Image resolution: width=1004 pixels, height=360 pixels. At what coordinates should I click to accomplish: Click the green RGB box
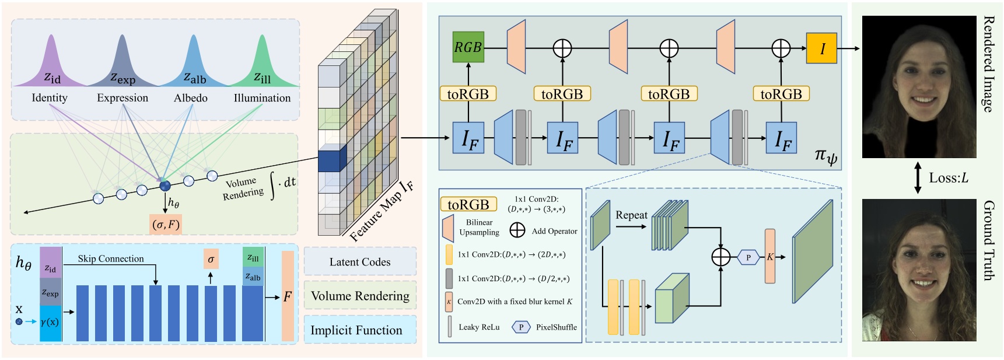coord(468,47)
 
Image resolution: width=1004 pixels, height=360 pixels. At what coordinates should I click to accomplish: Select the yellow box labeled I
coord(821,48)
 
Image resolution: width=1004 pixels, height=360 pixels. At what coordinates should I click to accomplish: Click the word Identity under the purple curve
coord(50,98)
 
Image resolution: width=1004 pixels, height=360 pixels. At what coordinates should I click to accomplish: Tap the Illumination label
coord(262,98)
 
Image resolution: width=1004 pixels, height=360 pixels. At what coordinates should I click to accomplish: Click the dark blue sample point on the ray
coord(166,186)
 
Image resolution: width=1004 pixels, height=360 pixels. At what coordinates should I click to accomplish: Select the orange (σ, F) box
coord(166,224)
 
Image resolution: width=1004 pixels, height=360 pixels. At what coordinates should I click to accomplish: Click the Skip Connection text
coord(111,258)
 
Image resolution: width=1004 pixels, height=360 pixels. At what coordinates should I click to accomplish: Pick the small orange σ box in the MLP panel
coord(211,259)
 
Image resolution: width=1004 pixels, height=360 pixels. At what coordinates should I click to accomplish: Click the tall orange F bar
coord(288,296)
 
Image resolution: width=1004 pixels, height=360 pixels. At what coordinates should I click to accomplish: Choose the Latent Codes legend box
coord(360,262)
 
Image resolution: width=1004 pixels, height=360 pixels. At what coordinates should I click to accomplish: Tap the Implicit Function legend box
coord(356,330)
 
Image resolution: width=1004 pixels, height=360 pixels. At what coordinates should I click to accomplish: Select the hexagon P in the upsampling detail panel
coord(748,257)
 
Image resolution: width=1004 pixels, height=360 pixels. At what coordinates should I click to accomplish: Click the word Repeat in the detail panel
coord(631,215)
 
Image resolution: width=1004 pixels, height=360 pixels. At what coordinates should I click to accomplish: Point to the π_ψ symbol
coord(825,156)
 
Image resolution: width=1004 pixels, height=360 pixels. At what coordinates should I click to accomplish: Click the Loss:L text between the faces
coord(949,178)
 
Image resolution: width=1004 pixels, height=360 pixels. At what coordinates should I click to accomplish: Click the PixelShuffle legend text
coord(556,327)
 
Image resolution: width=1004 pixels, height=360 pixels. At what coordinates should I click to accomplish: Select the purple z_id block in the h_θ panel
coord(50,263)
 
